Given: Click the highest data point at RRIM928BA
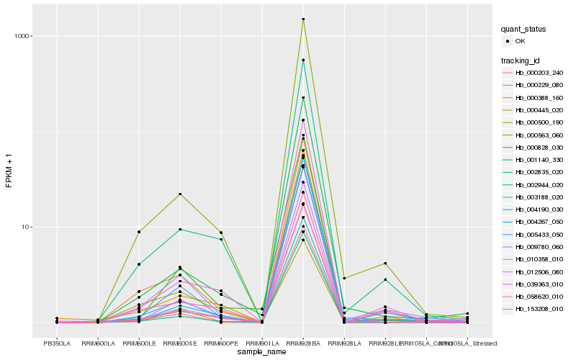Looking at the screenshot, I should [x=303, y=19].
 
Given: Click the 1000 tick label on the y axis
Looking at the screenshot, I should [x=21, y=36].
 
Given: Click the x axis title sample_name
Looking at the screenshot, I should [x=262, y=351].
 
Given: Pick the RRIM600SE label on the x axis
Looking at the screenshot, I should [x=180, y=342].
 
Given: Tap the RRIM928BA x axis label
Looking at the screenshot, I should [x=303, y=342].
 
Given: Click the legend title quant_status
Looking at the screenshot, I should [x=523, y=30].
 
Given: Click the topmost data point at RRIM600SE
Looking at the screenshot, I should [x=180, y=194].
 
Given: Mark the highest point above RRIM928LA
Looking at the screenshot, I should [x=344, y=278].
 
